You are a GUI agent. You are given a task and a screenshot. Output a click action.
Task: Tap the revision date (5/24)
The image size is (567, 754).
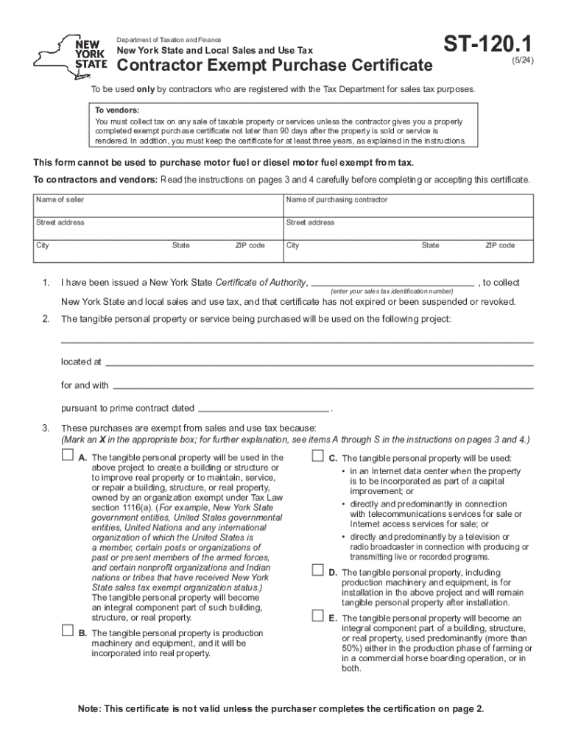[523, 62]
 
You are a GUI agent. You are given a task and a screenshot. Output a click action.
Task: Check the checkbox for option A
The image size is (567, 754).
[68, 457]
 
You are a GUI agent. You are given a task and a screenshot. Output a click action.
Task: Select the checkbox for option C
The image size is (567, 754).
[318, 457]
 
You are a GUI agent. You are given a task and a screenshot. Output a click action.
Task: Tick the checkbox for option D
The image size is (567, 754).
[318, 571]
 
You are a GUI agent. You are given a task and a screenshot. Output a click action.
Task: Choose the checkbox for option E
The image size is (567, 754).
[318, 616]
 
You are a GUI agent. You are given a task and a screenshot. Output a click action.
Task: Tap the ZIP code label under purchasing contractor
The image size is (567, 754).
[499, 245]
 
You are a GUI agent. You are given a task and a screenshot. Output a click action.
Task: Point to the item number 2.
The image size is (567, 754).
[46, 319]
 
